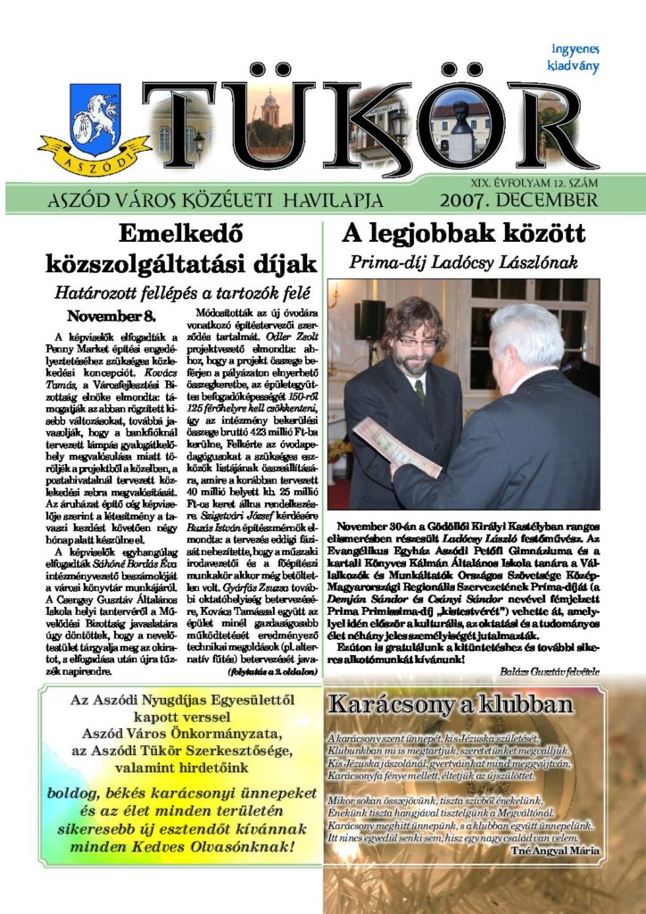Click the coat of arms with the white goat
[x=94, y=125]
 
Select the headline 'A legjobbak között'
[x=464, y=235]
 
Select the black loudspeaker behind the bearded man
[x=369, y=320]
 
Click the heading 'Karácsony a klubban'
[x=450, y=705]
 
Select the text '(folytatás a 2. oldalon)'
[x=273, y=670]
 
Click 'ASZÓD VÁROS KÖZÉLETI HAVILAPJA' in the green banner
[x=216, y=199]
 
